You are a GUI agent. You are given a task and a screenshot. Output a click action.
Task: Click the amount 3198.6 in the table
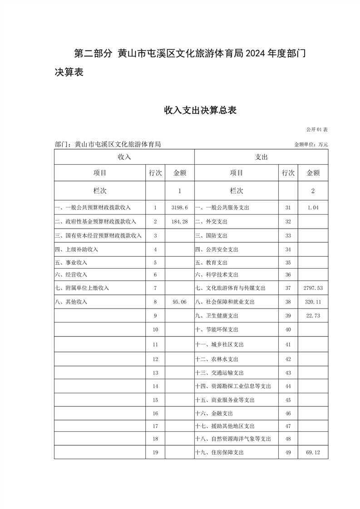click(180, 207)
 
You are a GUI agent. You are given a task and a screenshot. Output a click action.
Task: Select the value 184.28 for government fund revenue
click(180, 221)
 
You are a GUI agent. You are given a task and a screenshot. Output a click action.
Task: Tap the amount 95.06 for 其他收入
click(180, 302)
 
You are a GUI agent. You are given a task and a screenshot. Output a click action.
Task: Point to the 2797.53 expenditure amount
click(313, 288)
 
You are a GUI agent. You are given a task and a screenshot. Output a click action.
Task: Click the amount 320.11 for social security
click(313, 302)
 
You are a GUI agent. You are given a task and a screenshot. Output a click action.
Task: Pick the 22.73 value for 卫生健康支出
click(313, 316)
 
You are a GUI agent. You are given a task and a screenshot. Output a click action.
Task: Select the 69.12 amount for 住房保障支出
click(313, 452)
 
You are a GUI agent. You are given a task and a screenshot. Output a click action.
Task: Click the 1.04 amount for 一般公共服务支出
click(313, 207)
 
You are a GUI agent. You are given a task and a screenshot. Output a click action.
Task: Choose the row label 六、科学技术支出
click(217, 274)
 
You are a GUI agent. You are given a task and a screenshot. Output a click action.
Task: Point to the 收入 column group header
click(124, 157)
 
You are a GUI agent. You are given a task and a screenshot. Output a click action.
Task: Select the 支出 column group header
click(261, 157)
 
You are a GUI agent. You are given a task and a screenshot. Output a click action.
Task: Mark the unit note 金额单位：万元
click(311, 145)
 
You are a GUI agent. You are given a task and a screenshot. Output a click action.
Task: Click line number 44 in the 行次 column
click(288, 386)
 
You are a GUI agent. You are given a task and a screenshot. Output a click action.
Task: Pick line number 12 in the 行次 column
click(155, 359)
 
